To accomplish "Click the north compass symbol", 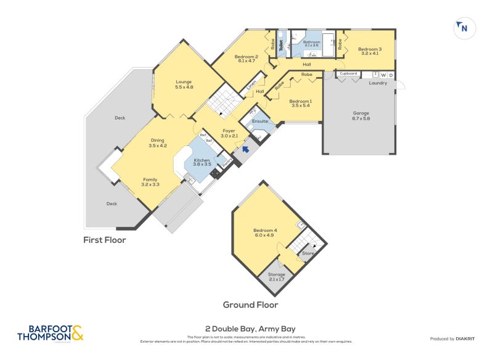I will coord(463,28).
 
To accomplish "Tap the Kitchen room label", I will coord(202,162).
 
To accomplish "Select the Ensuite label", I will coord(260,121).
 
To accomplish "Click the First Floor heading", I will coord(105,240).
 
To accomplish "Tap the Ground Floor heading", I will coord(250,305).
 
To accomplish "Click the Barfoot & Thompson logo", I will coord(50,333).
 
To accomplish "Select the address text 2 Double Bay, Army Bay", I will coord(246,329).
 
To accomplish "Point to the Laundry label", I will coord(378,83).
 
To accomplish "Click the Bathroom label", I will coord(311,43).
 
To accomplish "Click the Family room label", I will coord(150,182).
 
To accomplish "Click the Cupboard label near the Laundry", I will coord(348,73).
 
